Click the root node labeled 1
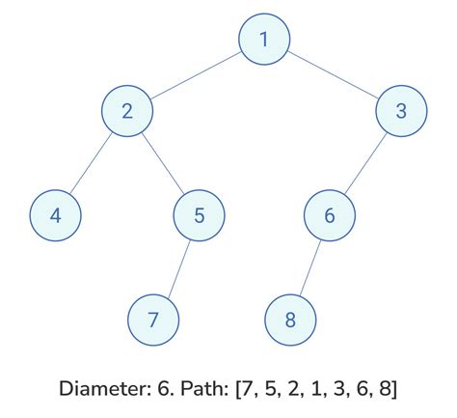[264, 41]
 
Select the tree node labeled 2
[127, 112]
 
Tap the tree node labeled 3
[401, 112]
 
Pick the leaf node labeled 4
[56, 214]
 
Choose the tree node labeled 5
[199, 214]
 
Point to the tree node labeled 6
[330, 214]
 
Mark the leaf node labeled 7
[154, 318]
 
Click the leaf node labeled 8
[290, 318]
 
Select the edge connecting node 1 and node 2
[196, 76]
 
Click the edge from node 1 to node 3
[333, 76]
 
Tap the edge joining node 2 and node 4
[92, 163]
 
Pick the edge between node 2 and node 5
[163, 163]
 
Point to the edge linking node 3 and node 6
[365, 163]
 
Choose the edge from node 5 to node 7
[176, 266]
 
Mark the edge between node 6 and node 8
[309, 266]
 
